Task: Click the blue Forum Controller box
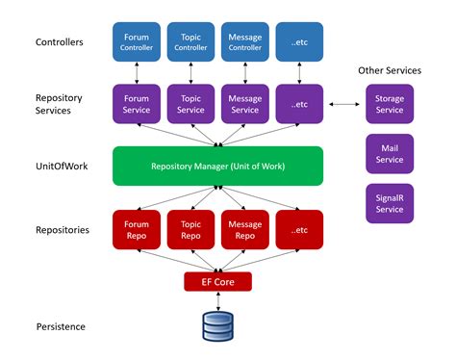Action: coord(136,41)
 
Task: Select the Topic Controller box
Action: coord(190,41)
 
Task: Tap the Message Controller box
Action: coord(244,41)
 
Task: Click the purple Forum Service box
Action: coord(136,103)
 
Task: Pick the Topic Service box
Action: coord(190,103)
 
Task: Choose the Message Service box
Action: coord(244,103)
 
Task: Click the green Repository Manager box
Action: coord(216,166)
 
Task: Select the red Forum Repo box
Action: coord(136,227)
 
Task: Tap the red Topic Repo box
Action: coord(190,227)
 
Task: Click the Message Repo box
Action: coord(244,227)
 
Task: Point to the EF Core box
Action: coord(217,281)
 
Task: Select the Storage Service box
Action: coord(390,103)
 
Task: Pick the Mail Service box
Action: coord(390,153)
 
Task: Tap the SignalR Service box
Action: coord(390,203)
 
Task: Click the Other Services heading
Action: coord(390,69)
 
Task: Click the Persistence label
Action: coord(61,326)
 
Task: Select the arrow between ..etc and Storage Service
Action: coord(344,103)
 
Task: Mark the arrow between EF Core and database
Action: coord(217,300)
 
